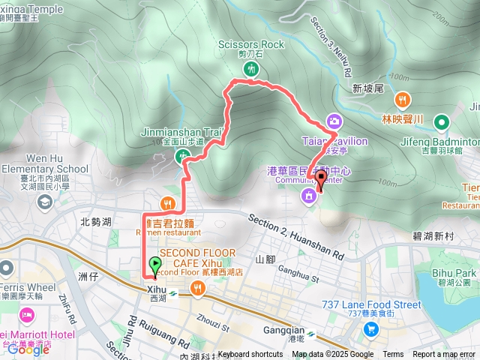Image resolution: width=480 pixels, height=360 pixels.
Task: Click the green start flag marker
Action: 154,265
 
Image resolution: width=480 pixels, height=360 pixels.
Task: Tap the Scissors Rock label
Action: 252,44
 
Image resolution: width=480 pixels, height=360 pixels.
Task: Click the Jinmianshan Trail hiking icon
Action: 183,156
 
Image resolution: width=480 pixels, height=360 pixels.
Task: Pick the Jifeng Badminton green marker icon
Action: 441,121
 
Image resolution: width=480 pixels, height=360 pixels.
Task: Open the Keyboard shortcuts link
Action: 250,355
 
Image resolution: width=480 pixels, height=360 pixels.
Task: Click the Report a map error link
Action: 444,355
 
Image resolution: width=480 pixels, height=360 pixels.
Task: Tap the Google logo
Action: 28,349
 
